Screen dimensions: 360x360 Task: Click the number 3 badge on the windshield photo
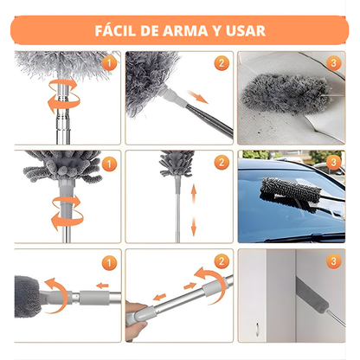[335, 163]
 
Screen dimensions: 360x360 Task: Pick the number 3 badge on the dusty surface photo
[335, 63]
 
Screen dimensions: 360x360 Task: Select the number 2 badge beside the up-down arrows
[221, 163]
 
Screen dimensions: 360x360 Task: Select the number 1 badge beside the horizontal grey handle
[108, 261]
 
